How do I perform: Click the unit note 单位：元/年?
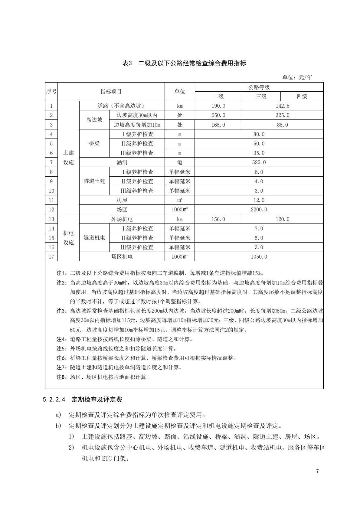[x=297, y=77]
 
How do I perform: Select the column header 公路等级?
[x=259, y=87]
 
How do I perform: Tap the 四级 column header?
[x=302, y=96]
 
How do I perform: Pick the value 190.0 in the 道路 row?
[x=218, y=106]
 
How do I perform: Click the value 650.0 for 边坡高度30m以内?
[x=218, y=115]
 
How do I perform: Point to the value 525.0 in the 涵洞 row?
[x=259, y=162]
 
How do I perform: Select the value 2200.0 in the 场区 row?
[x=259, y=210]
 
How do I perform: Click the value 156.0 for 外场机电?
[x=218, y=219]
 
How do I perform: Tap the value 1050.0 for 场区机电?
[x=259, y=257]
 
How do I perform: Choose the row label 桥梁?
[x=94, y=143]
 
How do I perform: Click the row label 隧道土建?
[x=94, y=181]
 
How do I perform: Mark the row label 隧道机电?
[x=94, y=238]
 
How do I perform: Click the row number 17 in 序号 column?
[x=51, y=257]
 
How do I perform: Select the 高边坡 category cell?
[x=94, y=120]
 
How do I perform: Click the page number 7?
[x=317, y=471]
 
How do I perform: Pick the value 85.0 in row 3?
[x=282, y=125]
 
